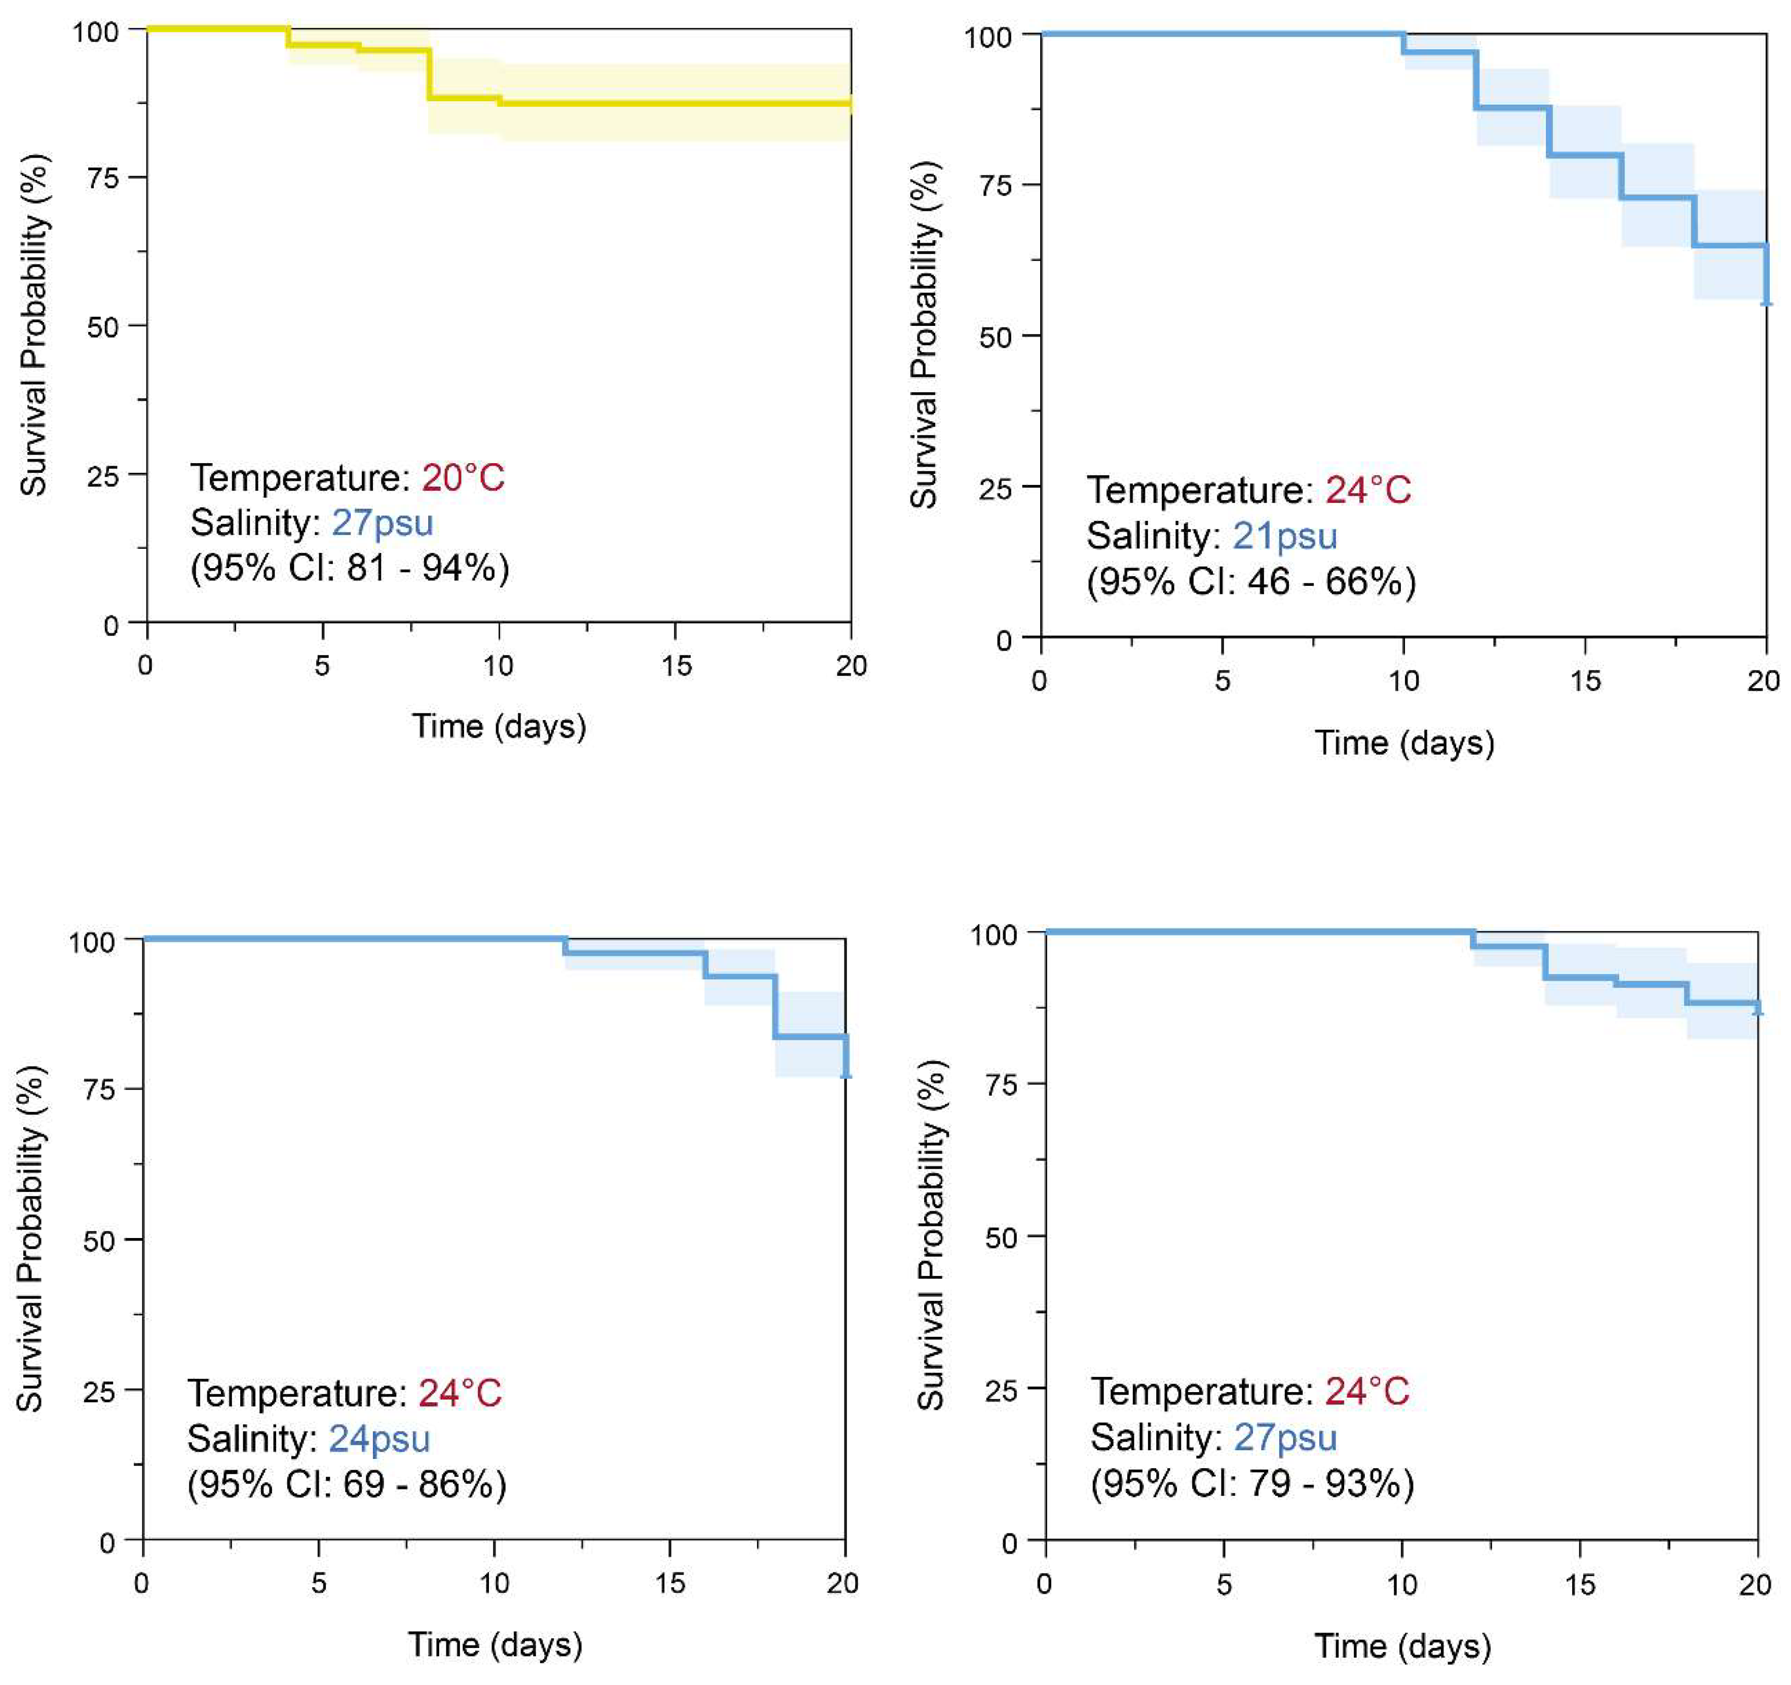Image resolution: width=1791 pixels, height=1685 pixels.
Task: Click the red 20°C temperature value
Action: (x=463, y=477)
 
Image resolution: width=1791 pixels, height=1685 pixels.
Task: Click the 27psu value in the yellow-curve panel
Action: (x=383, y=522)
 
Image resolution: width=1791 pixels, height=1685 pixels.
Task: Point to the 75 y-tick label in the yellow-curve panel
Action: (x=104, y=177)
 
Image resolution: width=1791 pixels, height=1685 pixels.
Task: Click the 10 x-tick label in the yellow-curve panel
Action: (x=498, y=666)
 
